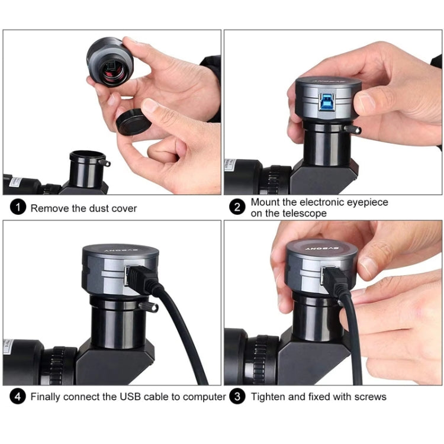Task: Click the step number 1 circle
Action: click(20, 208)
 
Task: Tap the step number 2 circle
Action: click(237, 207)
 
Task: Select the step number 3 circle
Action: click(237, 396)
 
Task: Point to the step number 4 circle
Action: click(20, 396)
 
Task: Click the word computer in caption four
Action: click(205, 397)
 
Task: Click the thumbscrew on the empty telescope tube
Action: click(106, 162)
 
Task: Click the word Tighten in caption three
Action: click(268, 397)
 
